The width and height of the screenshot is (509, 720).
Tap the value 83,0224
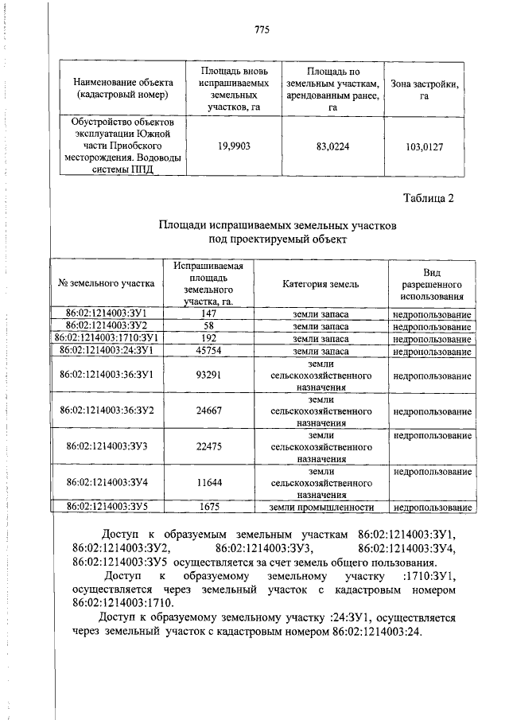(x=332, y=146)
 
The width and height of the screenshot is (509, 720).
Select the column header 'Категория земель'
(x=321, y=284)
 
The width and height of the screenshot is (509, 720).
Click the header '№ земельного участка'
(x=106, y=284)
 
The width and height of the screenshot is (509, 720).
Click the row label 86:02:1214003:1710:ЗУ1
(x=106, y=339)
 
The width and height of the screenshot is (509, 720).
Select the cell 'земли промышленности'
(x=321, y=507)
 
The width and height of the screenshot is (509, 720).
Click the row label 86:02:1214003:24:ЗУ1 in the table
(x=106, y=351)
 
